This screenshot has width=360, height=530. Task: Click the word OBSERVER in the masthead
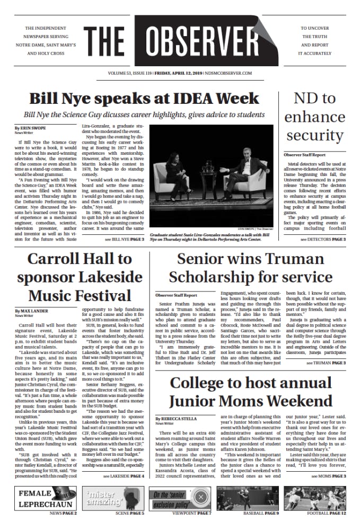pyautogui.click(x=207, y=40)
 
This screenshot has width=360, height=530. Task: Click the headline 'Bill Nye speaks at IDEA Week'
pyautogui.click(x=144, y=99)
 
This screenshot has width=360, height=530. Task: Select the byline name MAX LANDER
pyautogui.click(x=35, y=311)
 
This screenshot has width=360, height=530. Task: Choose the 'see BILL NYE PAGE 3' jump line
pyautogui.click(x=124, y=240)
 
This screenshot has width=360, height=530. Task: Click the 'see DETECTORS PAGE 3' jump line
pyautogui.click(x=323, y=240)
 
